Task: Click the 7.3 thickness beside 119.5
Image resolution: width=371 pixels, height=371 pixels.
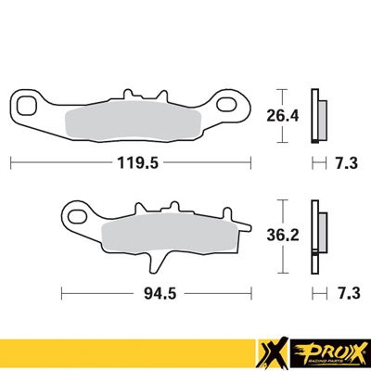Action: [x=346, y=162]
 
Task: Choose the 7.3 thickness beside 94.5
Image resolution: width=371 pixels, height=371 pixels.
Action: [x=346, y=293]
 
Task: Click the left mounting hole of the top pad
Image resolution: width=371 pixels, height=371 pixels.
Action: [x=31, y=102]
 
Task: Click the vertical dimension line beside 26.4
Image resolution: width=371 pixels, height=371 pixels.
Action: [x=282, y=116]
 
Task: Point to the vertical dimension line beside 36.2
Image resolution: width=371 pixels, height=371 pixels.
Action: [x=282, y=236]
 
